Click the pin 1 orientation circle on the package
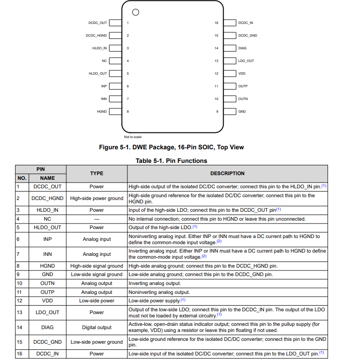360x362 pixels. tap(136, 12)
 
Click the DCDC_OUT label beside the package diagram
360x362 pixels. tap(98, 23)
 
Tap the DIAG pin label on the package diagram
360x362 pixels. tap(243, 48)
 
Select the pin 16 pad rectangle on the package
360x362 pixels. tap(229, 23)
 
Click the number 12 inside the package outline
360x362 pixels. tap(216, 74)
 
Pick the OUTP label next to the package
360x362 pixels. tap(243, 86)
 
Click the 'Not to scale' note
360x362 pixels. tap(133, 137)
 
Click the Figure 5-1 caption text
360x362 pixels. tap(171, 147)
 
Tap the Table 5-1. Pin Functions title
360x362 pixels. tap(171, 161)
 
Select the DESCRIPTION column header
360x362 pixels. tap(227, 173)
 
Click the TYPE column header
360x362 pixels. tap(96, 173)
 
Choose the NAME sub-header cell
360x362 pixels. tap(47, 178)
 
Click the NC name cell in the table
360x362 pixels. tap(47, 219)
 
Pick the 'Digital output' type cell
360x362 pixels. tap(96, 327)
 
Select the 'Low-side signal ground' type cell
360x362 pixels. tap(96, 275)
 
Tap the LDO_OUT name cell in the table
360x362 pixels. tap(47, 312)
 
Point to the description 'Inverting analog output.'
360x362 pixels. tap(155, 284)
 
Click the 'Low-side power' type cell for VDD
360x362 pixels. tap(96, 300)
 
